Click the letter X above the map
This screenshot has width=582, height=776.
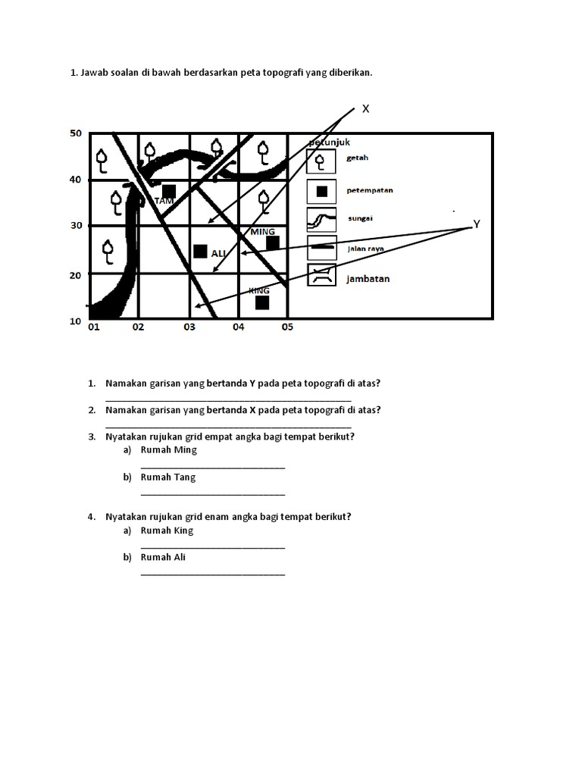(365, 109)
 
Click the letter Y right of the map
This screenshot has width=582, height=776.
(476, 224)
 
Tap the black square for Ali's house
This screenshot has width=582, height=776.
(200, 251)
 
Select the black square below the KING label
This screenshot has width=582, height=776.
(262, 302)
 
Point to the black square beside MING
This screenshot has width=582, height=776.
(273, 242)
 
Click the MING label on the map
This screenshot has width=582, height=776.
(262, 231)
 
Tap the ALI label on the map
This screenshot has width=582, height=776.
(218, 252)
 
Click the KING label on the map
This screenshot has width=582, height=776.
(259, 290)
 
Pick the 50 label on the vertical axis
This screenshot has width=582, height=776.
(75, 133)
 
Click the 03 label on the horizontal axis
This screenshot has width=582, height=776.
(189, 327)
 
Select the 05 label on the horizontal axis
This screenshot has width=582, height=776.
(287, 327)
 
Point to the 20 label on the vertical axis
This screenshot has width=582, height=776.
(75, 275)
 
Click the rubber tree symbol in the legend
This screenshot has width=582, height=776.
(321, 161)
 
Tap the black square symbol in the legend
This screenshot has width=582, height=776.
(322, 191)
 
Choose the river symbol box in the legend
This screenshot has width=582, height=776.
(322, 221)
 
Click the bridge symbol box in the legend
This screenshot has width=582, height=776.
(322, 276)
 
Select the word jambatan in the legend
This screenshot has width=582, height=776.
(368, 279)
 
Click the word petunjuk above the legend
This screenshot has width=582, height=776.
(330, 142)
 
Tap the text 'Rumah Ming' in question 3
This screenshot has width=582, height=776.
(168, 450)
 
